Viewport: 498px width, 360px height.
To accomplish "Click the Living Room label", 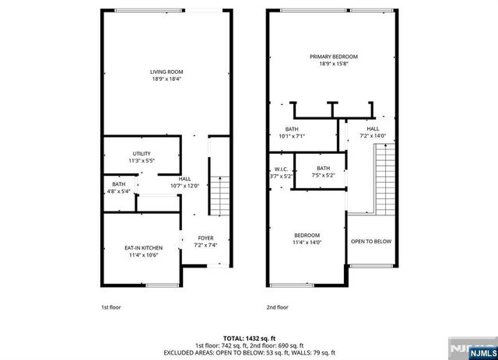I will (166, 72).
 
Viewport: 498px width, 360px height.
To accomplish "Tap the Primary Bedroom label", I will (333, 57).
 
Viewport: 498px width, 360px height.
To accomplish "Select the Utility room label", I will (142, 153).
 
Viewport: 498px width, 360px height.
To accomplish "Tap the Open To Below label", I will (371, 241).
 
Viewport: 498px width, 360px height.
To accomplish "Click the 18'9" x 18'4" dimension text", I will (166, 79).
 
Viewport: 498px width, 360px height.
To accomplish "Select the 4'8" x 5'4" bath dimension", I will (119, 191).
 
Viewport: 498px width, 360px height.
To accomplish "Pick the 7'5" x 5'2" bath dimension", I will (324, 176).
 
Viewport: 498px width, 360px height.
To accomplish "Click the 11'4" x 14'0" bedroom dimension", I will (307, 242).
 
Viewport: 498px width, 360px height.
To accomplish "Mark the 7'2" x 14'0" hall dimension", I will (373, 136).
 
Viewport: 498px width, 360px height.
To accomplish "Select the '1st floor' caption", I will (111, 307).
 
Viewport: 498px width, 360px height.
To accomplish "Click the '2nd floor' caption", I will (276, 307).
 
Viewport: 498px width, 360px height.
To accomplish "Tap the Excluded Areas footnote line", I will (248, 352).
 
